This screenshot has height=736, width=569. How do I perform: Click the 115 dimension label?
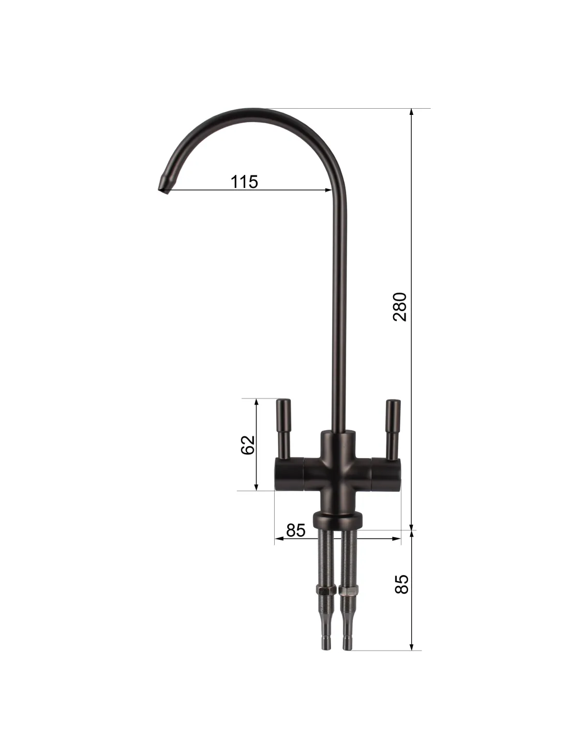pos(244,182)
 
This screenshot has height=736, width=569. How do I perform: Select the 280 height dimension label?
pos(400,306)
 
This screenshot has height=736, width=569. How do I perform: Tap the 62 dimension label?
pos(247,445)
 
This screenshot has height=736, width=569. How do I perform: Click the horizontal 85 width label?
pos(295,530)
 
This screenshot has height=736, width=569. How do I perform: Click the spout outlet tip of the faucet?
pos(163,188)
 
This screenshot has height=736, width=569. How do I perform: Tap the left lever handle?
pos(283,429)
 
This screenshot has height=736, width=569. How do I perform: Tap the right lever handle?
pos(393,430)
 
